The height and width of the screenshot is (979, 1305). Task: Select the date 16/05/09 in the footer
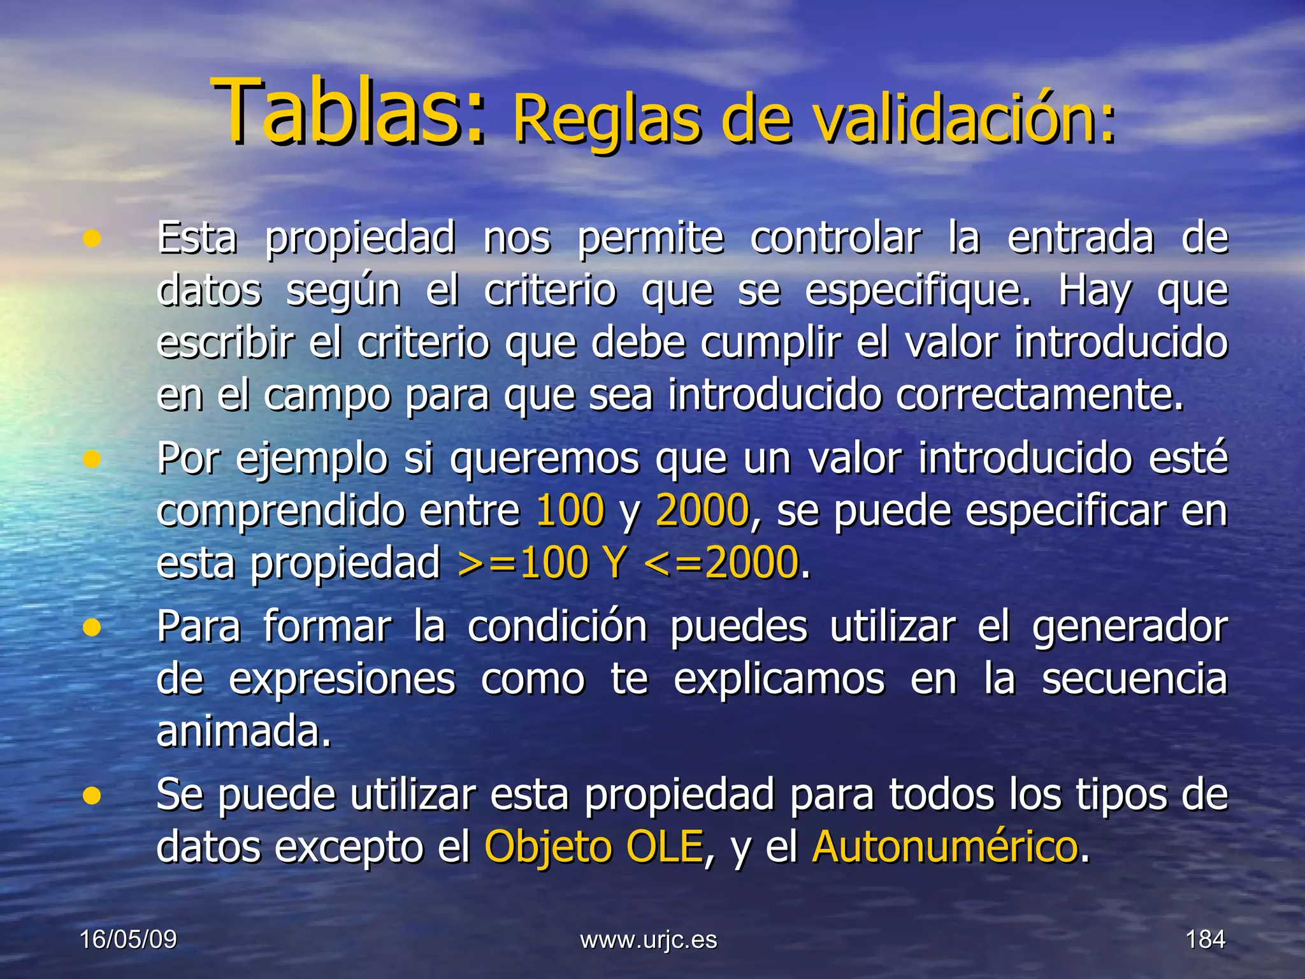[x=128, y=939]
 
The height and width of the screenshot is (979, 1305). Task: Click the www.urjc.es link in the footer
[x=649, y=940]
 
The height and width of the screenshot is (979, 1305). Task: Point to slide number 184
[x=1205, y=939]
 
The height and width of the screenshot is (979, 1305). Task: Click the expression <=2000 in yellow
[x=721, y=563]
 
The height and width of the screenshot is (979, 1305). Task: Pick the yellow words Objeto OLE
[x=593, y=846]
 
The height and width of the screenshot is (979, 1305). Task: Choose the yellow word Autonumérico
[x=945, y=846]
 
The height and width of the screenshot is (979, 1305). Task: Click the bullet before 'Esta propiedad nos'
[x=92, y=239]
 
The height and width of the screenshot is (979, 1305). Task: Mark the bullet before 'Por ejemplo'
[x=92, y=459]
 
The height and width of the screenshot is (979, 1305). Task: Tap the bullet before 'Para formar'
[x=92, y=628]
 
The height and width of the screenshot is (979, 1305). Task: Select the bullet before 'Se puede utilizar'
[x=92, y=795]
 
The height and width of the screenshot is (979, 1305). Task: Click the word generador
[x=1129, y=628]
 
